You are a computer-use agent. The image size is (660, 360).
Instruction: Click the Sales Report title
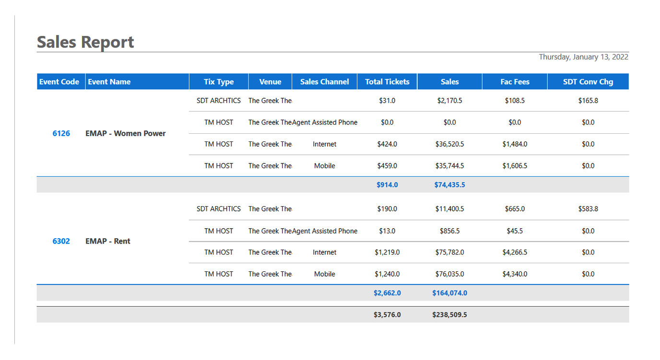pyautogui.click(x=85, y=42)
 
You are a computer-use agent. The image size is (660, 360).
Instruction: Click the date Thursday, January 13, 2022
pyautogui.click(x=583, y=57)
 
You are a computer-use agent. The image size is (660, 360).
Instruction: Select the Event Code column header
pyautogui.click(x=59, y=82)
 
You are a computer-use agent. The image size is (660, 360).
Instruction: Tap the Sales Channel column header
pyautogui.click(x=324, y=82)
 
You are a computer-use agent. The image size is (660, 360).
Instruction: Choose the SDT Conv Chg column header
pyautogui.click(x=588, y=82)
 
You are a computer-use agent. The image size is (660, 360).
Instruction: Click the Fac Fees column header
pyautogui.click(x=515, y=82)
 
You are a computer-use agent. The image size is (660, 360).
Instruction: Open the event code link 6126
pyautogui.click(x=61, y=134)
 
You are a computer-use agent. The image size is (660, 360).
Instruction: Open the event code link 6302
pyautogui.click(x=61, y=242)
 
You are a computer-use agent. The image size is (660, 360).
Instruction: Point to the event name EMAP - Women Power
pyautogui.click(x=125, y=134)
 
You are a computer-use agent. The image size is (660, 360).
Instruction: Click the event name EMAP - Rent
pyautogui.click(x=107, y=242)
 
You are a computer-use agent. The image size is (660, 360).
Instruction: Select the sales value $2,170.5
pyautogui.click(x=449, y=101)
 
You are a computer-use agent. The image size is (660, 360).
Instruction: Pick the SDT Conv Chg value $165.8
pyautogui.click(x=588, y=101)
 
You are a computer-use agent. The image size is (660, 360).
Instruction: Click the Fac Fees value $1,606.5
pyautogui.click(x=515, y=166)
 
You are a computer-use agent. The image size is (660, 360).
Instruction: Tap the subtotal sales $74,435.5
pyautogui.click(x=449, y=185)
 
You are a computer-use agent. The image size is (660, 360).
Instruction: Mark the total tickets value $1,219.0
pyautogui.click(x=387, y=253)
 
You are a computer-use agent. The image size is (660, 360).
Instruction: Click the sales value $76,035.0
pyautogui.click(x=449, y=274)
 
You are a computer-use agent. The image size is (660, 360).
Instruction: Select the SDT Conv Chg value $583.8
pyautogui.click(x=588, y=209)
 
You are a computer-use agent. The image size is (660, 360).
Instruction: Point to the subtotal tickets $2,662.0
pyautogui.click(x=387, y=293)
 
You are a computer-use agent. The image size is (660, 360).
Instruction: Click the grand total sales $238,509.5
pyautogui.click(x=449, y=315)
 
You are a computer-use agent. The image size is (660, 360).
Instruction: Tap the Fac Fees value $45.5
pyautogui.click(x=515, y=231)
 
